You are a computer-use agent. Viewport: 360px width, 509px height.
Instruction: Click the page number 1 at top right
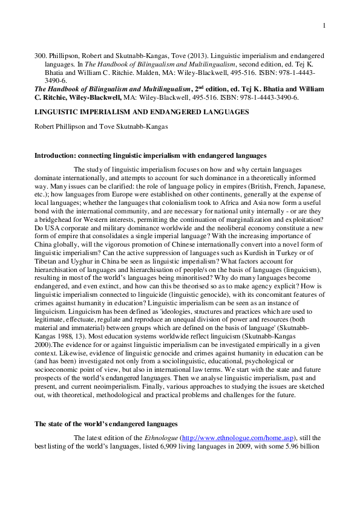[324, 25]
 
